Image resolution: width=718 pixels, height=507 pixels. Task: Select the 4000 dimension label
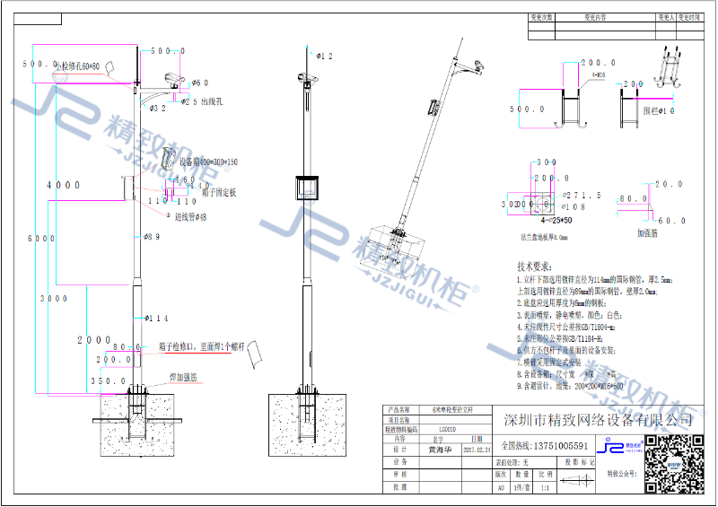click(64, 185)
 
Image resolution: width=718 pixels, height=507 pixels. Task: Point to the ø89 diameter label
click(153, 237)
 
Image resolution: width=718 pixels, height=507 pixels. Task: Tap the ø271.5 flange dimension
click(581, 195)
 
